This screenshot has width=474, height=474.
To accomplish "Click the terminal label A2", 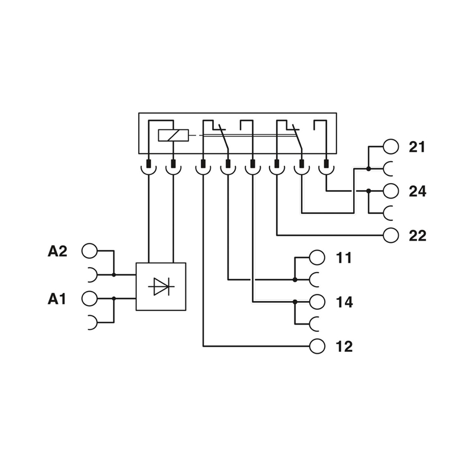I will coord(57,251).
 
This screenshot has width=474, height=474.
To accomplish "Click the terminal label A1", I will coord(57,299).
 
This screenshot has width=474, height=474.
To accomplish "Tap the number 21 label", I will coord(417,147).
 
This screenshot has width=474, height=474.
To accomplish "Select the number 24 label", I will coord(417,191).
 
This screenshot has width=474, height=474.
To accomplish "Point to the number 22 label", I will coord(417,236).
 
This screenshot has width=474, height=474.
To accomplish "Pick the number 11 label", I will coord(344,258).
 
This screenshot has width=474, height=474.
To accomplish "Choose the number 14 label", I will coord(344,302).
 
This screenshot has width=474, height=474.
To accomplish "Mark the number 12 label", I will coord(344,347).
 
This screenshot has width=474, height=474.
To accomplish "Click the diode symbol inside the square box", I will coord(161,287).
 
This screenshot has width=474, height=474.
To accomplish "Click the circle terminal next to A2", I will coord(89,251).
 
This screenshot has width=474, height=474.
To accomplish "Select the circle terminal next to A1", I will coord(89,298).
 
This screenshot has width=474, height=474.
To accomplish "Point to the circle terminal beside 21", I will coord(391,147).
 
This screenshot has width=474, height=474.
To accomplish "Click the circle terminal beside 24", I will coord(391,191).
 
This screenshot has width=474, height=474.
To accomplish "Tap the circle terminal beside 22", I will coord(391,235).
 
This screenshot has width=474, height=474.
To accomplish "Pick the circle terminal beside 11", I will coord(318,258).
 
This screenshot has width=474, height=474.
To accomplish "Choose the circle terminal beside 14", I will coord(318,302).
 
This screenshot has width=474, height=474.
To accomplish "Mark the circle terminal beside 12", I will coord(318,346).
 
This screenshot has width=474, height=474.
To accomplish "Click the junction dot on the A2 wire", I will coord(113,275).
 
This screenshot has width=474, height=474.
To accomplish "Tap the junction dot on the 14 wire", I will coord(294,302).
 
